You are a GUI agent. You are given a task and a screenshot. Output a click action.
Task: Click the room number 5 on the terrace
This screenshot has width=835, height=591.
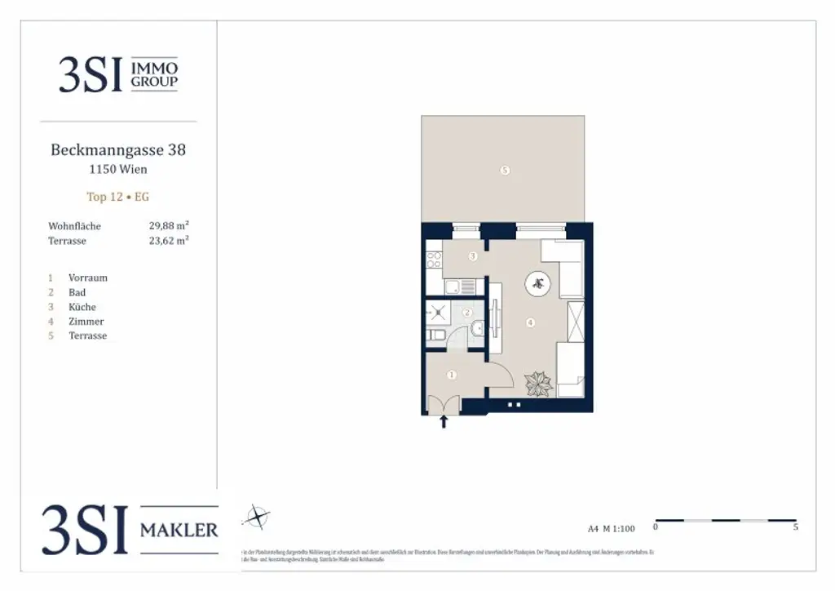(506, 171)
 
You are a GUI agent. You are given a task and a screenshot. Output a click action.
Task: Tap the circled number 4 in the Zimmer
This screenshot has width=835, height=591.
(531, 323)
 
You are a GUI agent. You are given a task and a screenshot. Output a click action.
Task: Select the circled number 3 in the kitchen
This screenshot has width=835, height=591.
(473, 256)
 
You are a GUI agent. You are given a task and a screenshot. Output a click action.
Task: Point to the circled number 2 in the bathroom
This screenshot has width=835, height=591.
(467, 313)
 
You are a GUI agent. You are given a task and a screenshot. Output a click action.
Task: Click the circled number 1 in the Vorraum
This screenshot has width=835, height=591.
(451, 375)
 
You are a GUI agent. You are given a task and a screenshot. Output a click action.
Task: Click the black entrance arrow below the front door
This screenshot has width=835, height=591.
(444, 421)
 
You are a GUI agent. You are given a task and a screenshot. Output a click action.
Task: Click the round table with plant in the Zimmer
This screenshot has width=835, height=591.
(538, 284)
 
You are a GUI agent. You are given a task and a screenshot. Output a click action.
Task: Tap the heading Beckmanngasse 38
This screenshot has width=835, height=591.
(118, 150)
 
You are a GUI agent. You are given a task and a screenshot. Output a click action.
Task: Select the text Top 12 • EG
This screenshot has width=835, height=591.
(118, 197)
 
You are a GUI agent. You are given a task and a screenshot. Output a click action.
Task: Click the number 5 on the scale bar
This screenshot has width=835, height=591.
(795, 528)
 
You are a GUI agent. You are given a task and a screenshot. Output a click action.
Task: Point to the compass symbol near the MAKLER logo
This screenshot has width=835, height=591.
(258, 516)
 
